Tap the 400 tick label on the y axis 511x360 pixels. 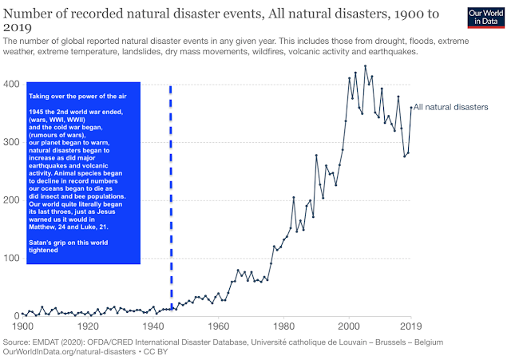click(x=11, y=84)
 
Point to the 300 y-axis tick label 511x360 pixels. click(x=11, y=142)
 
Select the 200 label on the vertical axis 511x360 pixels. click(x=11, y=200)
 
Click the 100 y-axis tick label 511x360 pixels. click(x=11, y=258)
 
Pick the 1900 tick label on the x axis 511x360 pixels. click(x=22, y=326)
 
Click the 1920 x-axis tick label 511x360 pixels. click(x=88, y=326)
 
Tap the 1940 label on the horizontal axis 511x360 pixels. click(x=153, y=326)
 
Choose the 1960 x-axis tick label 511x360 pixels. click(x=218, y=326)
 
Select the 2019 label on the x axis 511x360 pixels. click(x=411, y=326)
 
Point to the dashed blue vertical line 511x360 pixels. click(x=171, y=200)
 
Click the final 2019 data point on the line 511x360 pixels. click(x=411, y=108)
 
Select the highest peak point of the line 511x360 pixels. click(x=365, y=66)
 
